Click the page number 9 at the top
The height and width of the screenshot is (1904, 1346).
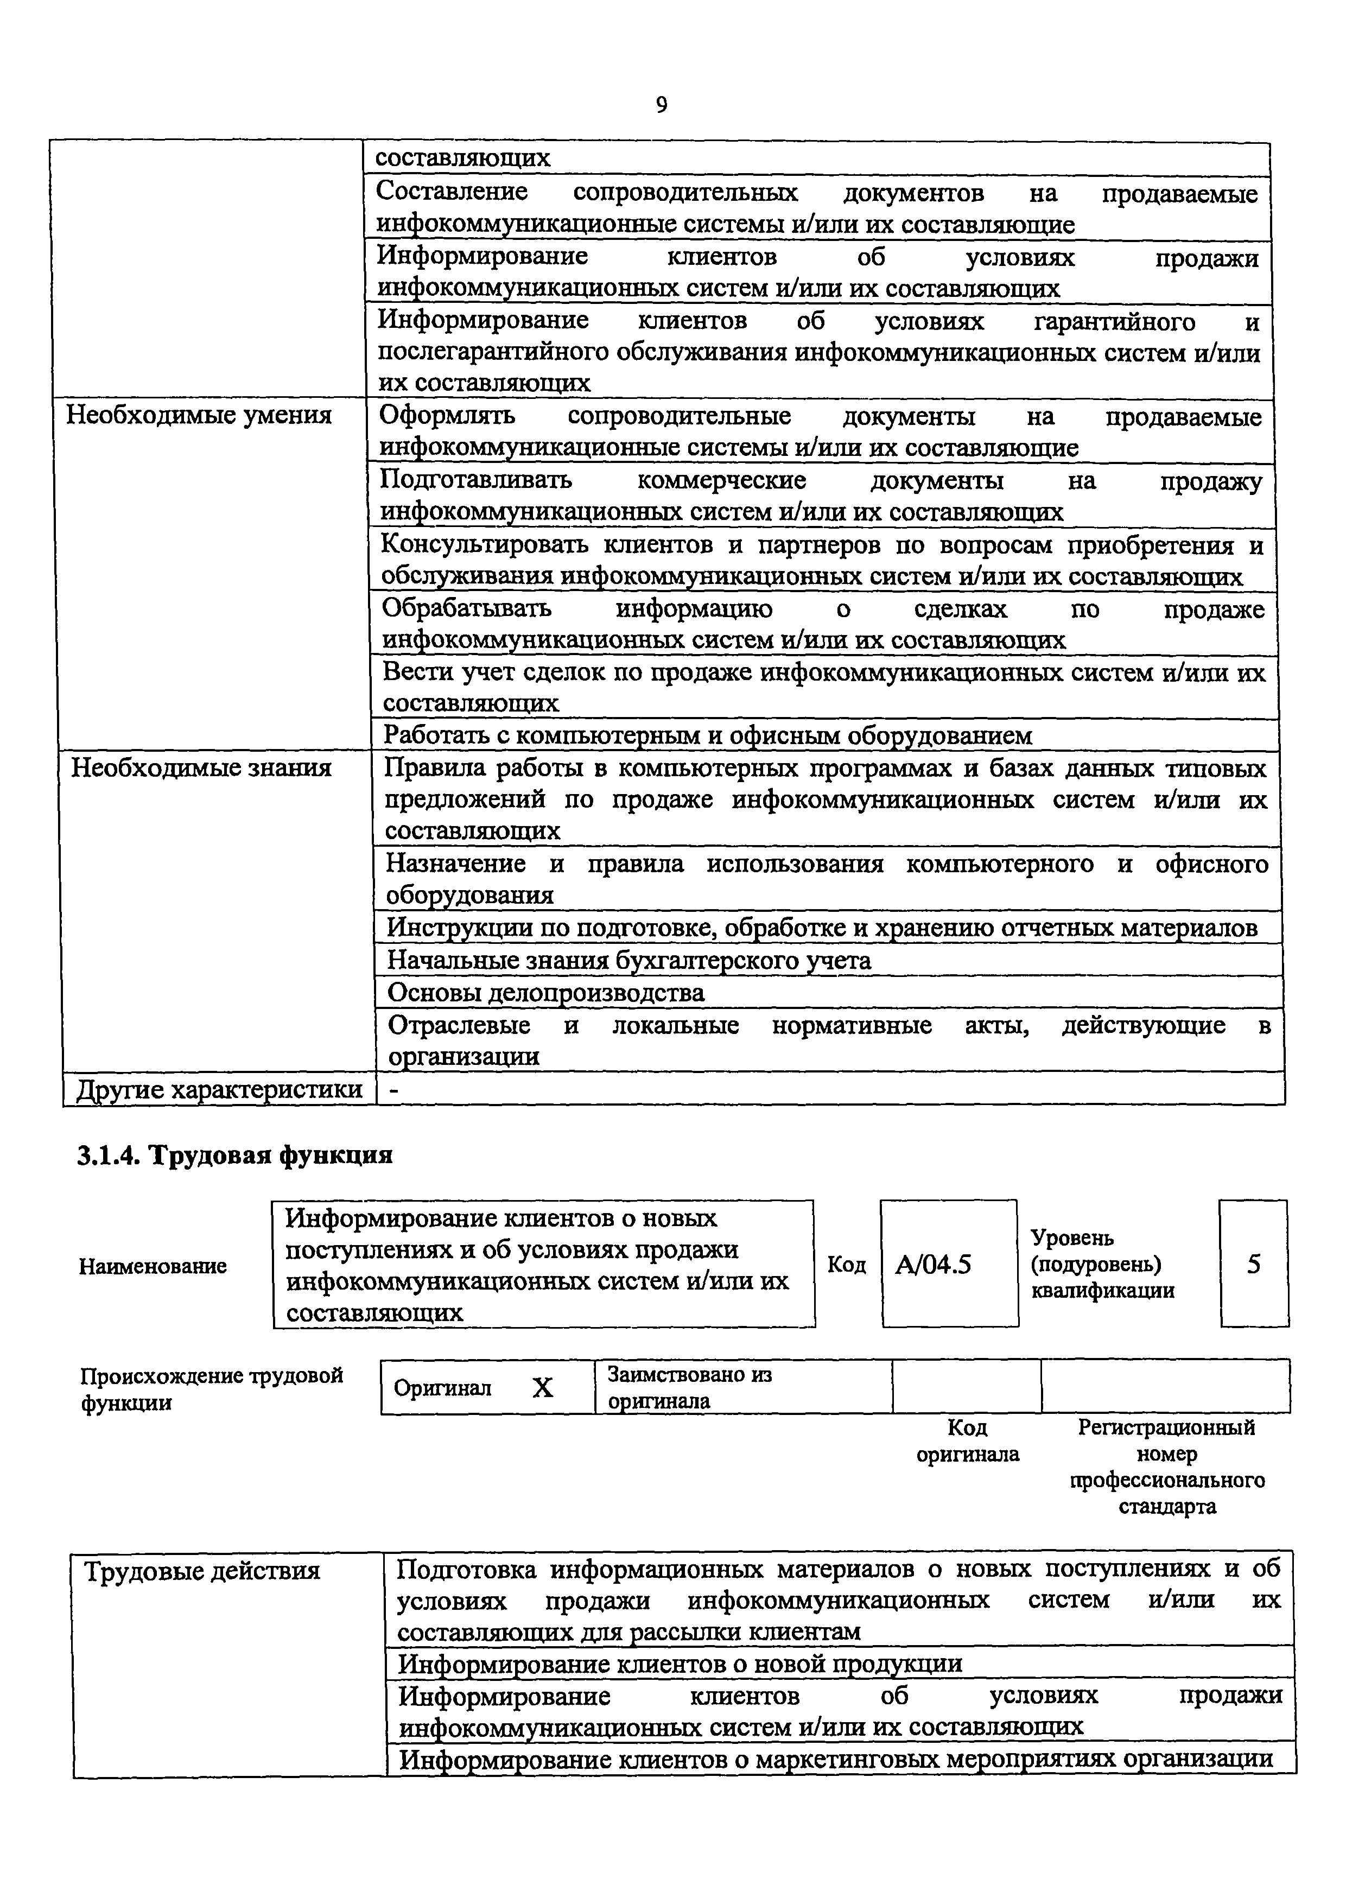pos(661,105)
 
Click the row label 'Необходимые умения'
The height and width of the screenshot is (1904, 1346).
pos(199,415)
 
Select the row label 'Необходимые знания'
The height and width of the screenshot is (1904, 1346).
pos(201,768)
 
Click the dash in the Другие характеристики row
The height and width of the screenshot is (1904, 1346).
pos(395,1090)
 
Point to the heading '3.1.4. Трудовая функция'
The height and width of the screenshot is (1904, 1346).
pos(234,1155)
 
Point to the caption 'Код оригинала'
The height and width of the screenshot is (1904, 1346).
pos(967,1441)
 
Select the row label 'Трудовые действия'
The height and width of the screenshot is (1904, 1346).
pos(202,1571)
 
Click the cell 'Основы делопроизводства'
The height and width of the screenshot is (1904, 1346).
pos(545,993)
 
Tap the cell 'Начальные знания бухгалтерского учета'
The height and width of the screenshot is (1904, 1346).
pos(630,960)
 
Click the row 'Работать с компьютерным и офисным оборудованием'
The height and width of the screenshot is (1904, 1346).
pos(707,735)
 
